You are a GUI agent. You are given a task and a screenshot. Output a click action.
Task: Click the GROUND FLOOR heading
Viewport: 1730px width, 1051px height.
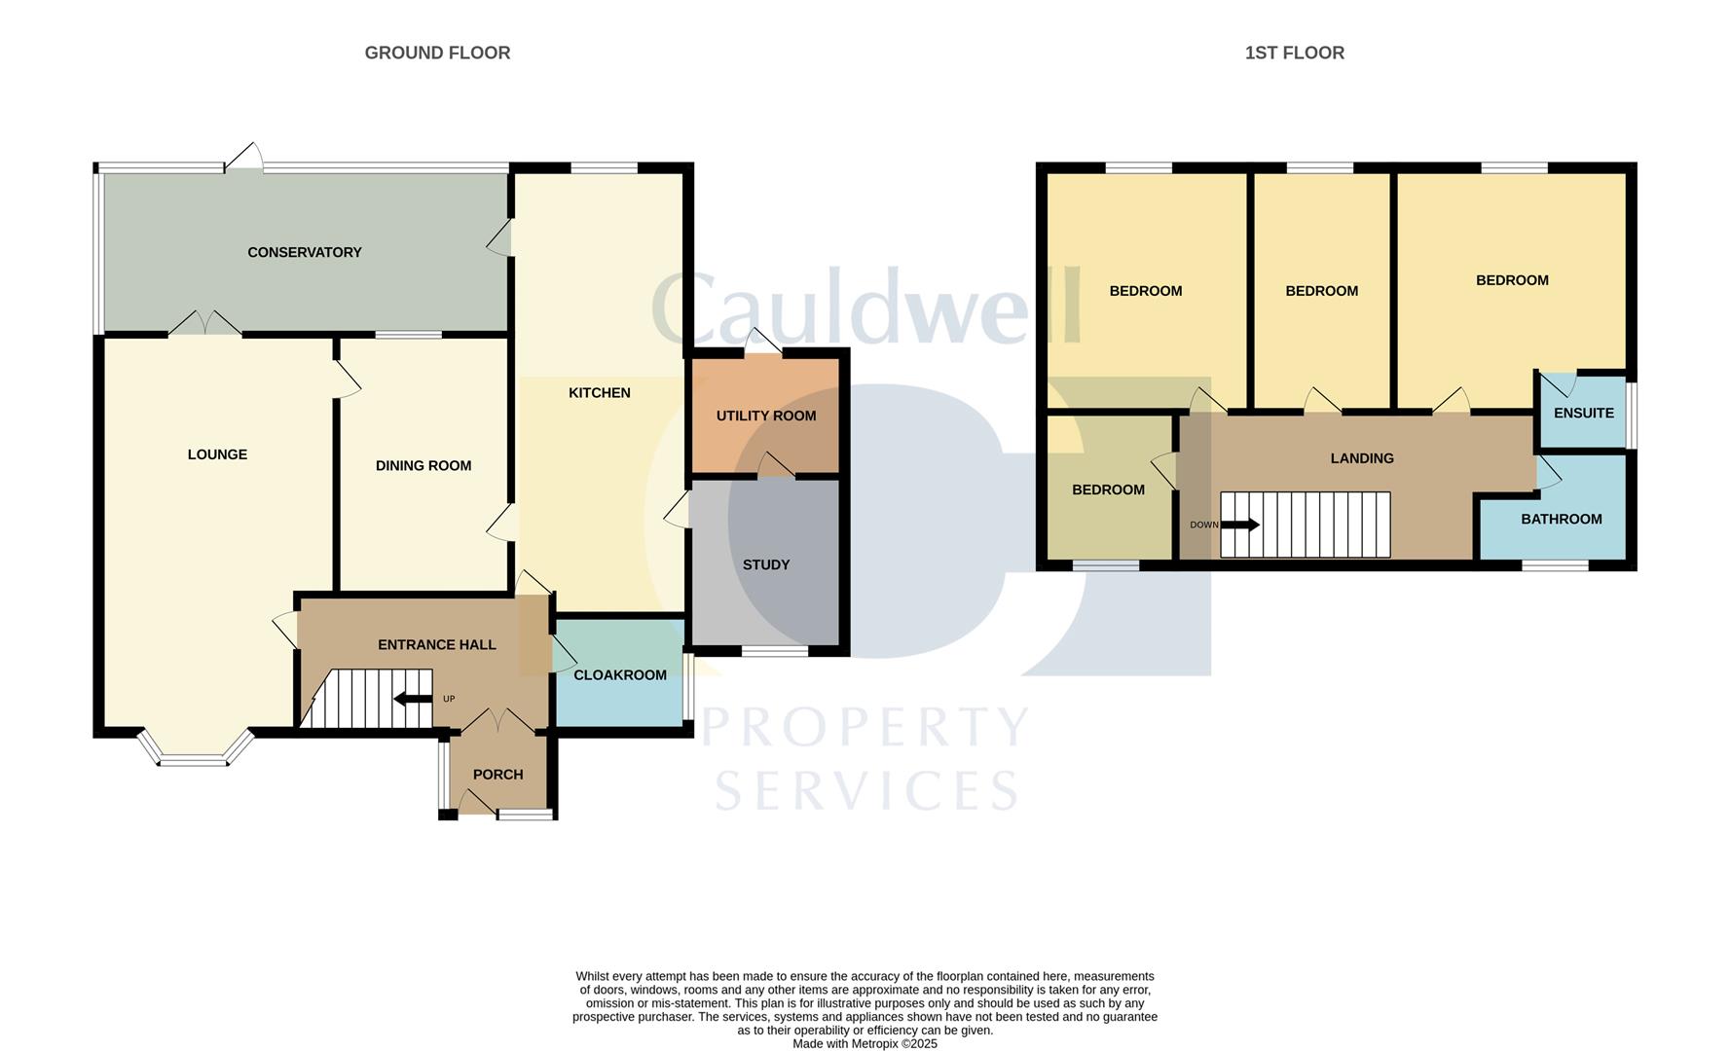click(x=437, y=53)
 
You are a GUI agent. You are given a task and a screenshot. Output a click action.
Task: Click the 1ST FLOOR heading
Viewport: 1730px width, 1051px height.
click(x=1294, y=53)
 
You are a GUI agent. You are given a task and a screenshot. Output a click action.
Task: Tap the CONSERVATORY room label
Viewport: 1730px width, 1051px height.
click(x=304, y=252)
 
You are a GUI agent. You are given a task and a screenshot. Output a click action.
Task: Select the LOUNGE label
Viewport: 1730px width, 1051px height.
click(x=217, y=454)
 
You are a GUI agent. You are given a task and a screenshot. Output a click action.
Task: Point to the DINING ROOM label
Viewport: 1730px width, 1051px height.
click(x=423, y=466)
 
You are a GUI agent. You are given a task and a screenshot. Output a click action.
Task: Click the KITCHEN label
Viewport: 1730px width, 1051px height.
click(x=599, y=393)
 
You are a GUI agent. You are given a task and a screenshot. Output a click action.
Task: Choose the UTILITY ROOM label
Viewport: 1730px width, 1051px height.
click(x=765, y=416)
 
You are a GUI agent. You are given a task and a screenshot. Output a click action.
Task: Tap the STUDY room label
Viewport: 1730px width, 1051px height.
click(x=765, y=564)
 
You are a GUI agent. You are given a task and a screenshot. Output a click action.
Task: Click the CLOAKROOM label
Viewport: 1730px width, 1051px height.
click(x=619, y=674)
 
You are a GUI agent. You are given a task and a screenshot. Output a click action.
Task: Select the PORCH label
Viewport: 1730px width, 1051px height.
click(x=497, y=775)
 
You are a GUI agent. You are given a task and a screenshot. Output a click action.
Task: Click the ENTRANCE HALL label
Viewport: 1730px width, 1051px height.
click(x=436, y=644)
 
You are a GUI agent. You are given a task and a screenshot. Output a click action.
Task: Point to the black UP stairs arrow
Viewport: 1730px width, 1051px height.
click(x=413, y=699)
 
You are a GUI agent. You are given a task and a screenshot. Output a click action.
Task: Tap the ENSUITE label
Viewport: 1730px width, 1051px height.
click(x=1583, y=413)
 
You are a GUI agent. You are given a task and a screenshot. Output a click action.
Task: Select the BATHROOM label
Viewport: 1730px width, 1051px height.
click(x=1561, y=519)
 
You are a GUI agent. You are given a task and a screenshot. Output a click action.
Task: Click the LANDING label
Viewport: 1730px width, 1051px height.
click(x=1361, y=458)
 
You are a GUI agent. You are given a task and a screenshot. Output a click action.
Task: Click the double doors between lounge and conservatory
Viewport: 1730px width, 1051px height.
click(x=204, y=325)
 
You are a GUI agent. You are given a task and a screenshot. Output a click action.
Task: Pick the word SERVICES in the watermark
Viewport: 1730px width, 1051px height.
click(x=865, y=790)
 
